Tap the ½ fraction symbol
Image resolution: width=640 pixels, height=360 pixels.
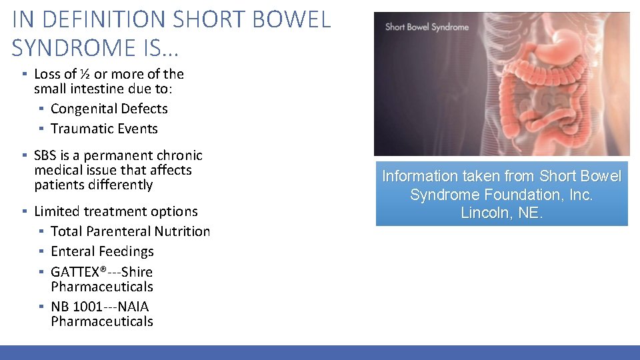[x=85, y=74]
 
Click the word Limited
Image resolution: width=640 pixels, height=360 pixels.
[x=57, y=211]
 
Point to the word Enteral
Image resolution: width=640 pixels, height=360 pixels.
[x=73, y=251]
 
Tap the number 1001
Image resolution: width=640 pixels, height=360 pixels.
[x=87, y=307]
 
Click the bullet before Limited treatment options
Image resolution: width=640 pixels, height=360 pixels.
[x=23, y=211]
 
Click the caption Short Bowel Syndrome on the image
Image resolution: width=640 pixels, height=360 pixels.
[x=427, y=27]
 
